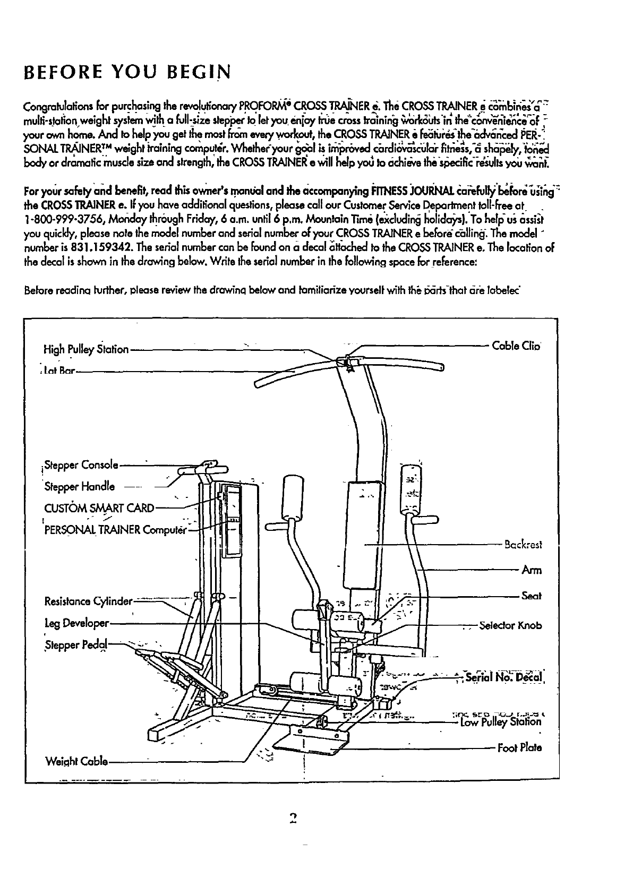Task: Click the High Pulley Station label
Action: [x=85, y=349]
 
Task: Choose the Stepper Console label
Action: [x=81, y=466]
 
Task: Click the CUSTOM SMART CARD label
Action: [x=100, y=509]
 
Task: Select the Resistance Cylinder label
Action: [x=88, y=601]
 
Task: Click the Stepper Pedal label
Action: [x=76, y=645]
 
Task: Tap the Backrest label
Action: [x=523, y=545]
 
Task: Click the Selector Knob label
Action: [x=510, y=625]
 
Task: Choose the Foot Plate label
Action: [x=519, y=748]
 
